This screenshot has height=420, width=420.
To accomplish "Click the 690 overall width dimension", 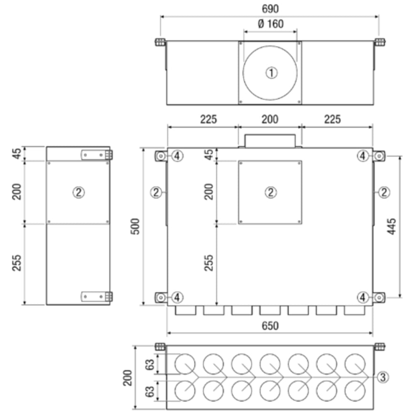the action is coord(270,9).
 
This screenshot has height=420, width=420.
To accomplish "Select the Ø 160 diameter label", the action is coord(270,24).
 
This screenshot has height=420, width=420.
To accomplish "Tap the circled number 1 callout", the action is coord(271,73).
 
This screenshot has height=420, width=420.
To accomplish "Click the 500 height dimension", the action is coord(136,226).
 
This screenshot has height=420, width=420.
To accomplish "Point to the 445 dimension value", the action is coord(391,226).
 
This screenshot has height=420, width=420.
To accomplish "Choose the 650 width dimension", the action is coord(270,326).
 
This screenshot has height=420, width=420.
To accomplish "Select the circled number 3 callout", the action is coord(383,377).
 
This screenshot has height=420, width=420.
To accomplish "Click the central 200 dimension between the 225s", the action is coord(270,119).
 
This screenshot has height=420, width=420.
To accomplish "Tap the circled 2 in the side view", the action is coord(79,192).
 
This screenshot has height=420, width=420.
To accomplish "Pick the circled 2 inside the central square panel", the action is coord(270,192).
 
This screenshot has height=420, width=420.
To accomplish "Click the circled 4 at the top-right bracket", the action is coord(363,156).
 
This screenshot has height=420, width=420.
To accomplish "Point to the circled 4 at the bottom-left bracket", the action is coord(177,297).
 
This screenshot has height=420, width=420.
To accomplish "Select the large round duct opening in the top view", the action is coord(270,73).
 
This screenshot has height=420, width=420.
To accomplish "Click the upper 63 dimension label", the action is coord(150,364).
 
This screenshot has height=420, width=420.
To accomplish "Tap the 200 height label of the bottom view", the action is coord(128,378).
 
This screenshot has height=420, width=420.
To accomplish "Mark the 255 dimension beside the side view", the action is coord(17,263).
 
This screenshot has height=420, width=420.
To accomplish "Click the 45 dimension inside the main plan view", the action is coord(209,155).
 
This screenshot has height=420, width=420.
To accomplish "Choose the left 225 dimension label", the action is coord(209,119).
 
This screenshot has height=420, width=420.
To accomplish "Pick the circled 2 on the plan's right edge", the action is coord(384,192).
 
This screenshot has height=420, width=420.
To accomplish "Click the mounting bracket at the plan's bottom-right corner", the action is coord(379,297).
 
